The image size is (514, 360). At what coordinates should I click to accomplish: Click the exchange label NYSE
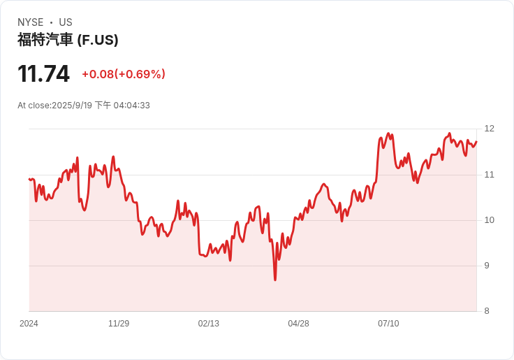pyautogui.click(x=31, y=22)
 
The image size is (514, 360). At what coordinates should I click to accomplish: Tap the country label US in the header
pyautogui.click(x=66, y=22)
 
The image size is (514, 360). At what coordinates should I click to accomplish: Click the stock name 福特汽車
pyautogui.click(x=45, y=40)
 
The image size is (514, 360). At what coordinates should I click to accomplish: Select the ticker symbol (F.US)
pyautogui.click(x=97, y=40)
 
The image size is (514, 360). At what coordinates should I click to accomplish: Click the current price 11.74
pyautogui.click(x=43, y=73)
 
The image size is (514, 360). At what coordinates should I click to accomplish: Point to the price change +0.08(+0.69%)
pyautogui.click(x=124, y=74)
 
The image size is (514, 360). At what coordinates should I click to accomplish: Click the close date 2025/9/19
pyautogui.click(x=72, y=106)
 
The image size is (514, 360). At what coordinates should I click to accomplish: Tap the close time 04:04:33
pyautogui.click(x=131, y=106)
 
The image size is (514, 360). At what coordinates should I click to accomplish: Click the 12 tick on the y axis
pyautogui.click(x=489, y=129)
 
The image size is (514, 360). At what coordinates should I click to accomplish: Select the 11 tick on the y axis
pyautogui.click(x=489, y=174)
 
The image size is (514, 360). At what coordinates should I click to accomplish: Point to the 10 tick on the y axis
pyautogui.click(x=489, y=220)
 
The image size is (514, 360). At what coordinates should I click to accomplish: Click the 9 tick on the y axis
pyautogui.click(x=489, y=266)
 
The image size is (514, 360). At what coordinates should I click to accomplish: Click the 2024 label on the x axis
pyautogui.click(x=29, y=324)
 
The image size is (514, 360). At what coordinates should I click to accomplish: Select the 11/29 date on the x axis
pyautogui.click(x=119, y=324)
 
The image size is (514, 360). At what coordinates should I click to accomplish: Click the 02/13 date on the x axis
pyautogui.click(x=208, y=324)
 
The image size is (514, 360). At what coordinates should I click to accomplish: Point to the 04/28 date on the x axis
pyautogui.click(x=298, y=324)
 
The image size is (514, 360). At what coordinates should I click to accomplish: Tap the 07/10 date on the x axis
pyautogui.click(x=388, y=324)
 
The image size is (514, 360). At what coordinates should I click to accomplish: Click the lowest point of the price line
pyautogui.click(x=275, y=280)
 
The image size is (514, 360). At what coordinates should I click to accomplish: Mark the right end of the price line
pyautogui.click(x=476, y=142)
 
